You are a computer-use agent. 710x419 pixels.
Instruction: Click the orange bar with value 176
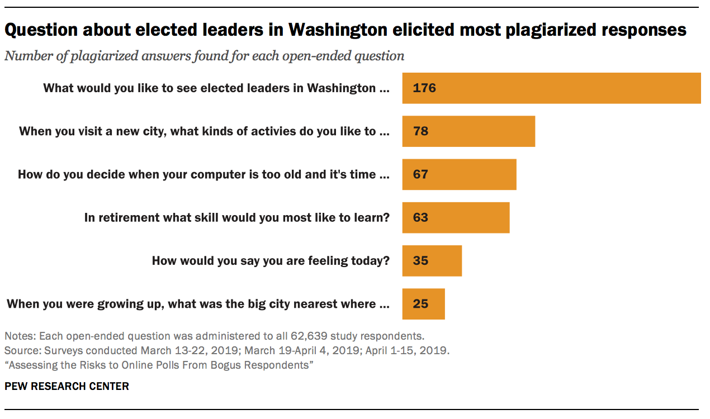551,88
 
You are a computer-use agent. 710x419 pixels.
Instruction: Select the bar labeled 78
468,131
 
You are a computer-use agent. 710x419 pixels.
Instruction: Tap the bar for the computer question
459,174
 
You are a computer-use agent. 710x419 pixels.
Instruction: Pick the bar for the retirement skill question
456,217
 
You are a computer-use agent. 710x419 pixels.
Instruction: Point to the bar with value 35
432,260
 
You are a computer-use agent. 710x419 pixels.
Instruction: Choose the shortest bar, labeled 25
423,304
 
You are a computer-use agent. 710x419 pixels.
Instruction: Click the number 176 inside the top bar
424,88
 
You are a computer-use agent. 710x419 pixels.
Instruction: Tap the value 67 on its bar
420,174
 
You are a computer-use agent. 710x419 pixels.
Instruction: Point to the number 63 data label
420,217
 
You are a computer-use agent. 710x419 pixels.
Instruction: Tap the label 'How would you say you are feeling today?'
271,260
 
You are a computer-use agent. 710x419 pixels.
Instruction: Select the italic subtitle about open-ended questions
204,56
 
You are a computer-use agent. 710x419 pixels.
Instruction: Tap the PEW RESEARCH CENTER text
67,386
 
